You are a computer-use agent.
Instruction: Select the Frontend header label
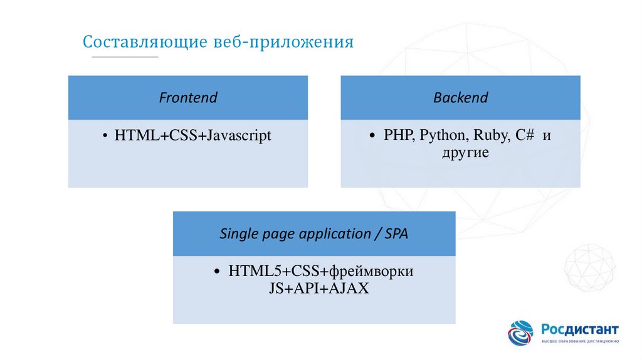(x=188, y=98)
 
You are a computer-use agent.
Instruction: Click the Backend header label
(x=460, y=98)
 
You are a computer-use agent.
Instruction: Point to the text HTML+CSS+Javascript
(x=192, y=135)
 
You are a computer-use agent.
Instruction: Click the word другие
(x=465, y=152)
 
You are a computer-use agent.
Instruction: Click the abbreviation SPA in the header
(x=396, y=235)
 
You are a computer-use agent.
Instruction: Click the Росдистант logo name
(x=580, y=330)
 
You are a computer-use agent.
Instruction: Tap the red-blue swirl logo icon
(x=520, y=332)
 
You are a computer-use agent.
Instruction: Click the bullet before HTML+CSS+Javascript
(x=105, y=136)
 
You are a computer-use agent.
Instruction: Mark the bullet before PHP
(x=374, y=136)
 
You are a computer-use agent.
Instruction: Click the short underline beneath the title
(x=125, y=58)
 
